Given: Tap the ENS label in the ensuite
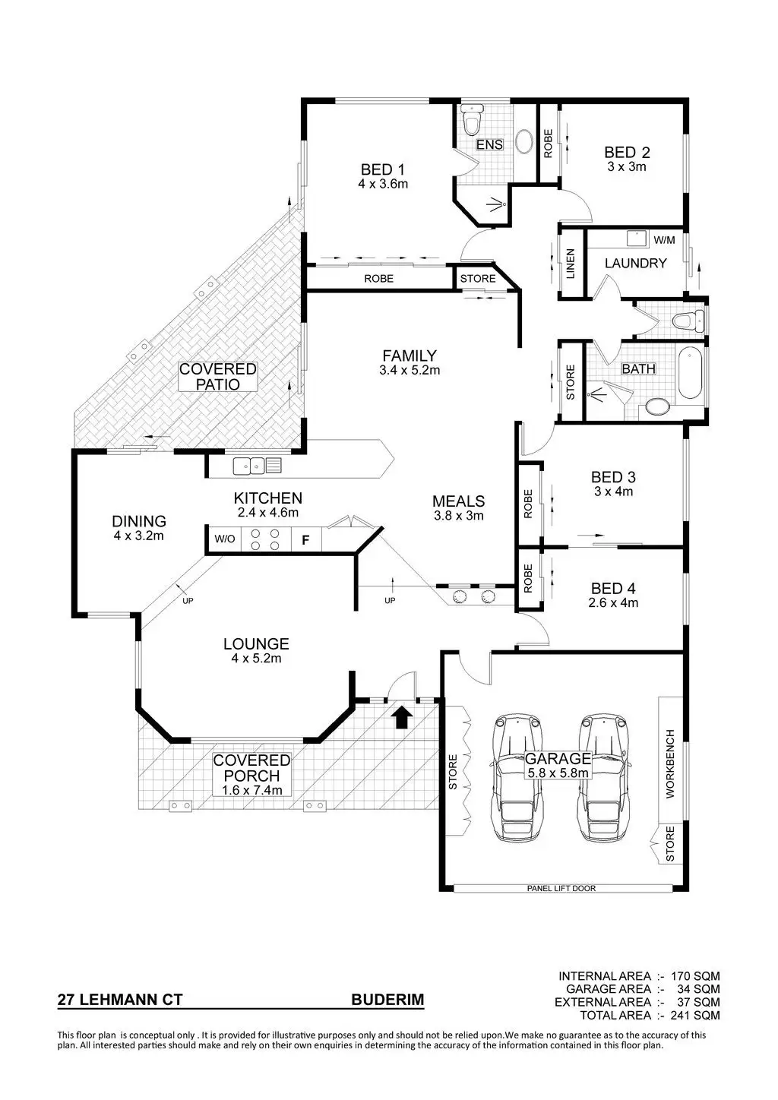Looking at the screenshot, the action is coord(489,145).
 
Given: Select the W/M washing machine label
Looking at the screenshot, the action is coord(664,241).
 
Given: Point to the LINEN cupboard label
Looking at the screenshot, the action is coord(571,264).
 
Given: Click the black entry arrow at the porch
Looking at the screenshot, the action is coord(403,716).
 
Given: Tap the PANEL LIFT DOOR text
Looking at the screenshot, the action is coord(561,888).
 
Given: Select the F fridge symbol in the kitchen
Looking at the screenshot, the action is coord(305,540).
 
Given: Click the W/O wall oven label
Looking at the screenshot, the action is coord(224,540).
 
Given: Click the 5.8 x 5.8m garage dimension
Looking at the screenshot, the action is coord(558,773).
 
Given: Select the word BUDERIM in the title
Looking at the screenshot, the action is coord(387,1000).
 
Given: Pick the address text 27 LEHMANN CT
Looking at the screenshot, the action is coord(120,1000).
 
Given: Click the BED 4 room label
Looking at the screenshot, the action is coord(612,588).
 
